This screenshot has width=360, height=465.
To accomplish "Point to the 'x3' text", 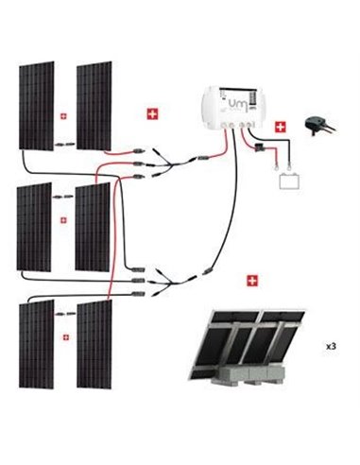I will pos(331,347).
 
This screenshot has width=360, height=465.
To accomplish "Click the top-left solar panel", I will pos(36,104).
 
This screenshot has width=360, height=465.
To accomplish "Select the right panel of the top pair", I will pos(93,104).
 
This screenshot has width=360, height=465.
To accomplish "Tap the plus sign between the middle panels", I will pos(64,219).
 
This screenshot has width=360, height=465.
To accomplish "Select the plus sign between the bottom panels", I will pos(64,336).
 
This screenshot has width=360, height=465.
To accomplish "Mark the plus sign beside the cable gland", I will pos(280,125).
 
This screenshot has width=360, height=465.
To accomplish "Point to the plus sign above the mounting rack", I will pos(251,281).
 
